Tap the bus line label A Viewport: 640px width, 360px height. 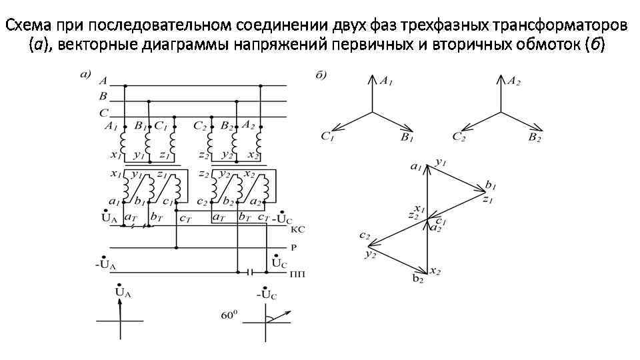[103, 81]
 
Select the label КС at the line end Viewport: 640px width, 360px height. [298, 229]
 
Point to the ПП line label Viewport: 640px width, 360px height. [297, 274]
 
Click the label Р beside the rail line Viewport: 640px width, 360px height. [293, 247]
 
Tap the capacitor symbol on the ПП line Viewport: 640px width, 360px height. [250, 272]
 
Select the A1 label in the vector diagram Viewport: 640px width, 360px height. [386, 80]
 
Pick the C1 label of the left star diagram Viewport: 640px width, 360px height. [327, 137]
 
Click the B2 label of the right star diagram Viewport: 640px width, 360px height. [534, 137]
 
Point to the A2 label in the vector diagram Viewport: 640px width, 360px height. [513, 81]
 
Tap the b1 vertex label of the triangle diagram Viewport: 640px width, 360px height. [491, 184]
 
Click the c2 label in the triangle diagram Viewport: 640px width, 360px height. [364, 235]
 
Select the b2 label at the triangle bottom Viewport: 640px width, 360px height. [418, 279]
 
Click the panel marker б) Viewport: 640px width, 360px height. [321, 74]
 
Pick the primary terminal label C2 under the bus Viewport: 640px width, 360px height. [200, 125]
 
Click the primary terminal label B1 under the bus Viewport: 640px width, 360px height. [139, 125]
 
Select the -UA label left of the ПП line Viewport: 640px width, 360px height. [106, 265]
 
